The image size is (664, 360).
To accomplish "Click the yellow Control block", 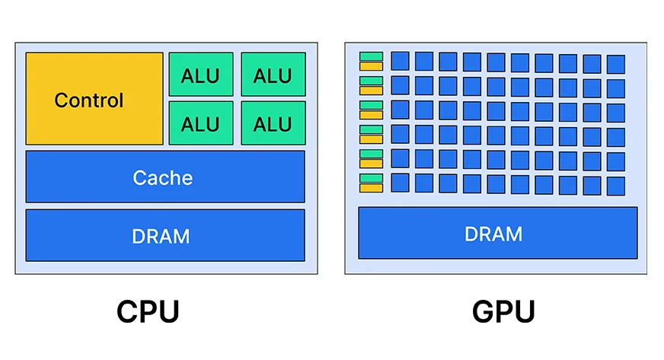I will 94,99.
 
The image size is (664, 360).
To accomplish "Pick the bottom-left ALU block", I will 200,123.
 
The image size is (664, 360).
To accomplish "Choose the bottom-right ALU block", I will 273,123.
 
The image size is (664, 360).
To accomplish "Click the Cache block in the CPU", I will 165,177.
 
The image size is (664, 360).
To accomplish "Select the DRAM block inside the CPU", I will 165,235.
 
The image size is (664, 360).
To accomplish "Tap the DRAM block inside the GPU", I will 497,232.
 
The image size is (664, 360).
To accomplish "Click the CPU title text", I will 148,312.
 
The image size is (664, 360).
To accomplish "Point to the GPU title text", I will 503,312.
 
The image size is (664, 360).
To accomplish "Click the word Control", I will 88,100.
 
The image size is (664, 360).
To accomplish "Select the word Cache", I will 162,178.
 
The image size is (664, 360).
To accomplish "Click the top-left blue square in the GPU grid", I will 400,61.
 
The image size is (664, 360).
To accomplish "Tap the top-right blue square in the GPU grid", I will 615,64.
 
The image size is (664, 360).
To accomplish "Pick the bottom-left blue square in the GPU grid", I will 400,183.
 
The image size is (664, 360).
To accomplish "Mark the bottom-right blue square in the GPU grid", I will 615,186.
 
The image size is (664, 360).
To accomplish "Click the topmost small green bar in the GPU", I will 371,56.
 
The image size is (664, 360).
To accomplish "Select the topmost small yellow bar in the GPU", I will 371,65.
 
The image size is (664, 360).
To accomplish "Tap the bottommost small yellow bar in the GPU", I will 371,188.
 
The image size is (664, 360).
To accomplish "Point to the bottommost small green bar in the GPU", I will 371,178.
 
